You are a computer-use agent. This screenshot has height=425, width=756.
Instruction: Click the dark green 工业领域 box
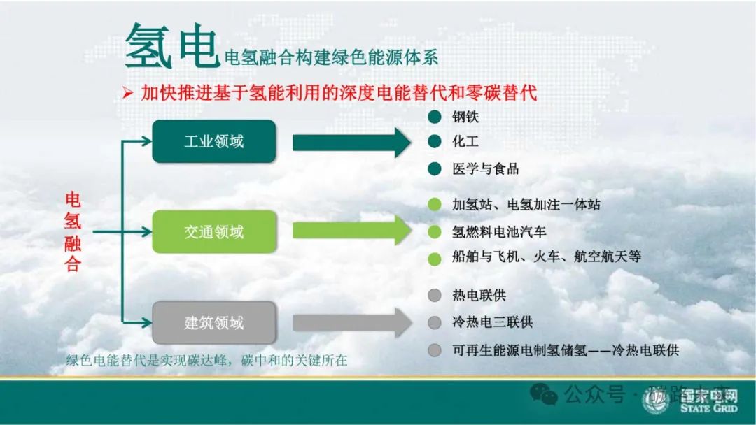pyautogui.click(x=214, y=141)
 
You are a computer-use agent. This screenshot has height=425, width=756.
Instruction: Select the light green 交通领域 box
pyautogui.click(x=214, y=232)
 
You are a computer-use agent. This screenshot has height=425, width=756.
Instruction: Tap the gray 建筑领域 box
pyautogui.click(x=214, y=323)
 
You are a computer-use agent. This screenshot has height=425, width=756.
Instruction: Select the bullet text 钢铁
pyautogui.click(x=465, y=117)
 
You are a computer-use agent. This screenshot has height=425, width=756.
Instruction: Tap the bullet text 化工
pyautogui.click(x=465, y=142)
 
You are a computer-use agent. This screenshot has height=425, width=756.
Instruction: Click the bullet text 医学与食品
pyautogui.click(x=485, y=169)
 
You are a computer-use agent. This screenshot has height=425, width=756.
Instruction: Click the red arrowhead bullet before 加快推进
pyautogui.click(x=127, y=94)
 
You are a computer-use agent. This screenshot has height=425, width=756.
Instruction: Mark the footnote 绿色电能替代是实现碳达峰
pyautogui.click(x=206, y=361)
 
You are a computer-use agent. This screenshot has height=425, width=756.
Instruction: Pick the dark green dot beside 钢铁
pyautogui.click(x=435, y=117)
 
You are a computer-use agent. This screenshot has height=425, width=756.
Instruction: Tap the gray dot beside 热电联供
pyautogui.click(x=435, y=296)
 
